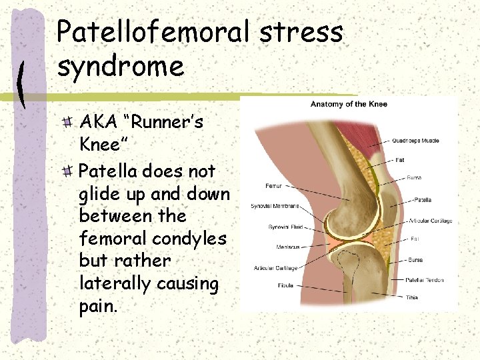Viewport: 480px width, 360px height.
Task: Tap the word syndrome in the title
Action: (x=120, y=66)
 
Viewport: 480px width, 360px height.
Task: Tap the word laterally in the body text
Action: (x=114, y=283)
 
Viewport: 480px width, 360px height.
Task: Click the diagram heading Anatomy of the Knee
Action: (x=349, y=104)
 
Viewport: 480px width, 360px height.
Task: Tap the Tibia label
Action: (x=412, y=297)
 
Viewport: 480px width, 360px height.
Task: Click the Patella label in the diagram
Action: (x=424, y=200)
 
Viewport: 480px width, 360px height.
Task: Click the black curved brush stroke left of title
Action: (x=22, y=83)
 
